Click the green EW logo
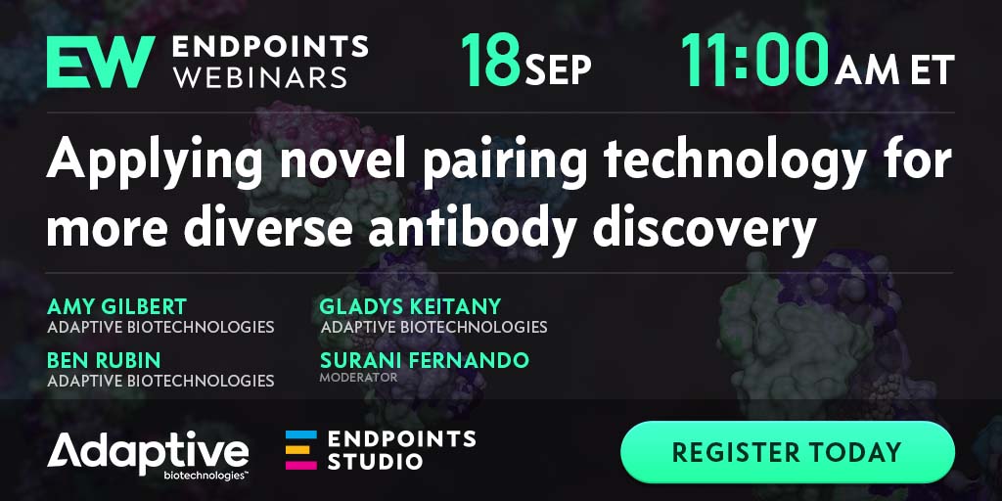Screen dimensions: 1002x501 pyautogui.click(x=101, y=62)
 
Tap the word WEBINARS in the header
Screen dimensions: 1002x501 pyautogui.click(x=260, y=76)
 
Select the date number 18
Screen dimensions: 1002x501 pyautogui.click(x=490, y=62)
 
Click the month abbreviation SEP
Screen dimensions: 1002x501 pyautogui.click(x=558, y=69)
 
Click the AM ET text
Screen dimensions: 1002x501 pyautogui.click(x=894, y=69)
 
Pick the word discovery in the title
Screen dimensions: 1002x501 pyautogui.click(x=705, y=228)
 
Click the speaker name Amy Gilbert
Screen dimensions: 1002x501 pyautogui.click(x=116, y=306)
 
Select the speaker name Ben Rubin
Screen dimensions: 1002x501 pyautogui.click(x=104, y=360)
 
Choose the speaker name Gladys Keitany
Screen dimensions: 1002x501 pyautogui.click(x=410, y=306)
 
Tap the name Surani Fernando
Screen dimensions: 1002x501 pyautogui.click(x=425, y=360)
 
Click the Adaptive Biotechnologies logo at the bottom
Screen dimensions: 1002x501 pyautogui.click(x=149, y=456)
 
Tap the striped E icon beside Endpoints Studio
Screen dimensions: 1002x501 pyautogui.click(x=301, y=450)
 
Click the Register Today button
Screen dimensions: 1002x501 pyautogui.click(x=788, y=452)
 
